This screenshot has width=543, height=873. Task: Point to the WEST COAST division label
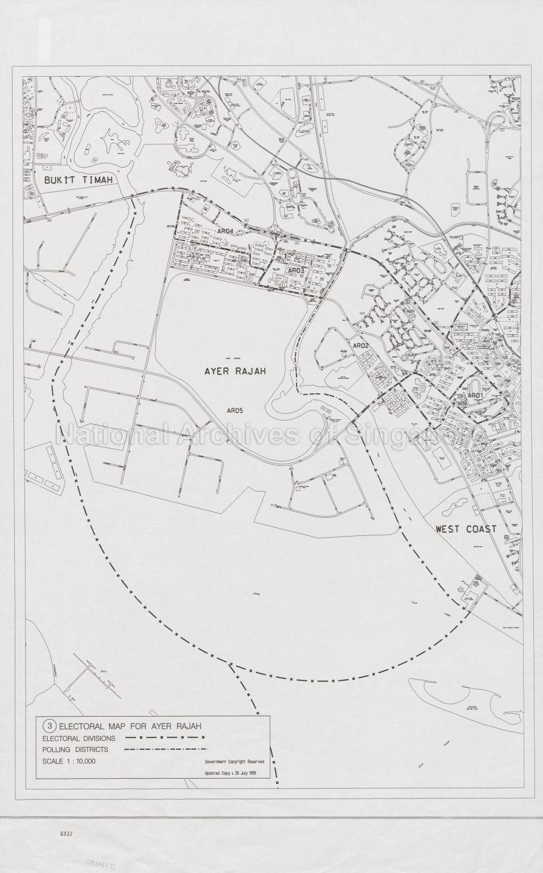tap(466, 529)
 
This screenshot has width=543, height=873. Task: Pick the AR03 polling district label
tap(296, 271)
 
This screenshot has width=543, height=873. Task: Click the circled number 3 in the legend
tap(50, 726)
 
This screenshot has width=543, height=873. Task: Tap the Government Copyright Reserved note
tap(233, 762)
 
